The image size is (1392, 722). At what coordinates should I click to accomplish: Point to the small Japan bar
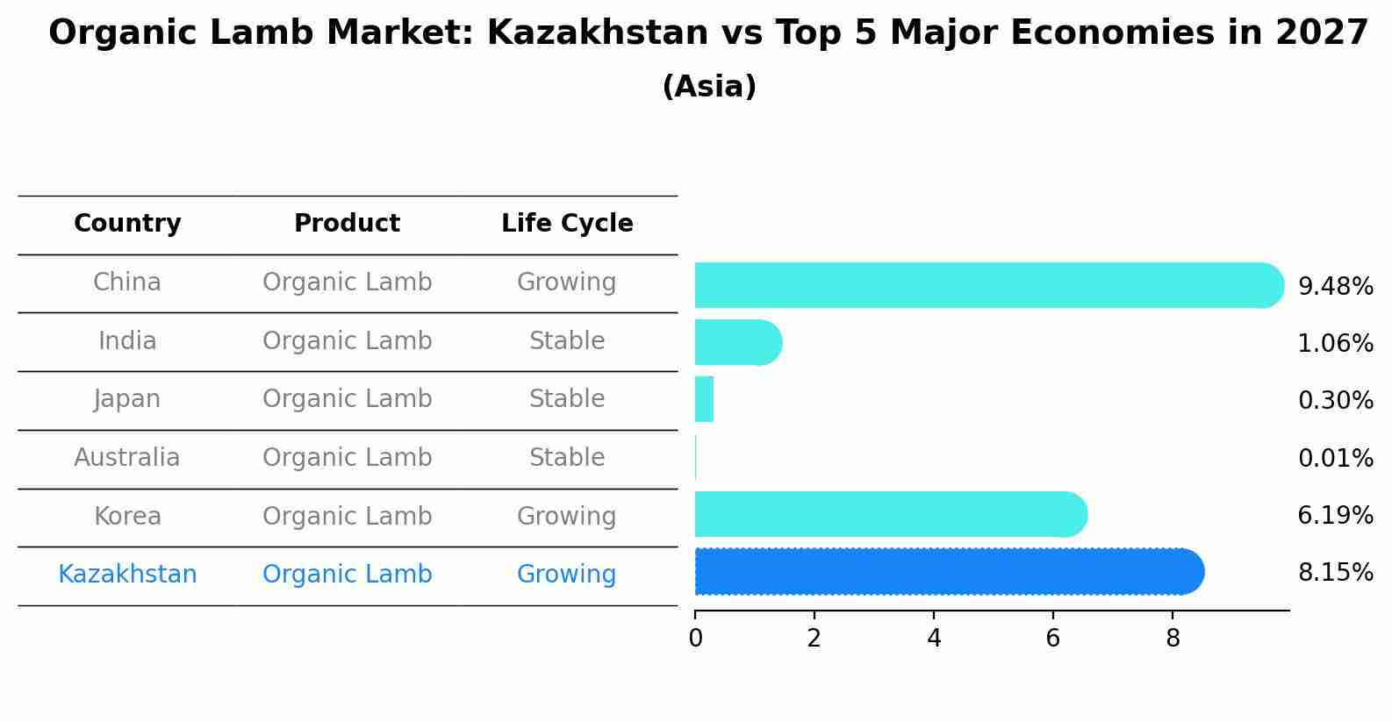coord(704,399)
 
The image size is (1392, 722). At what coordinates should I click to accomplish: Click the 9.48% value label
coord(1335,287)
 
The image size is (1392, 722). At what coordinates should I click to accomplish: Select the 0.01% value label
coord(1335,458)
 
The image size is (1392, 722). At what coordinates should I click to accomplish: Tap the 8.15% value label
coord(1335,573)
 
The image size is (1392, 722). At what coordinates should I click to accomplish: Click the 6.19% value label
coord(1335,516)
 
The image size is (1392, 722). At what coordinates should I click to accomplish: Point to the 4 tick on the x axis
coord(934,638)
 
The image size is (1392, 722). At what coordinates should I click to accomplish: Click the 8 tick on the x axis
coord(1173,638)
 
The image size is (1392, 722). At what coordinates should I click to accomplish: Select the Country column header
coord(127,224)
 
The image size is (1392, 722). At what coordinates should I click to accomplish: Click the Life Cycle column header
coord(567,224)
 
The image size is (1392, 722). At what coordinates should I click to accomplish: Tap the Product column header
coord(347,224)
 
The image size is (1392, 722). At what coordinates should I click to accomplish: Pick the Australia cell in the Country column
coord(127,458)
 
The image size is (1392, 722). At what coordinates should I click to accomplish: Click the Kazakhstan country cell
coord(127,575)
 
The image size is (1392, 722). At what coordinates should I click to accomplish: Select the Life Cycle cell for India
coord(567,341)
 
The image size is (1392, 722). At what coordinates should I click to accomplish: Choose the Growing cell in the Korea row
coord(567,517)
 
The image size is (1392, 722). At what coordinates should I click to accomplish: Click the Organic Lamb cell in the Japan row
coord(347,399)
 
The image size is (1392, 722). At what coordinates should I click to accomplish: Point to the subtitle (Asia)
coord(709,87)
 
